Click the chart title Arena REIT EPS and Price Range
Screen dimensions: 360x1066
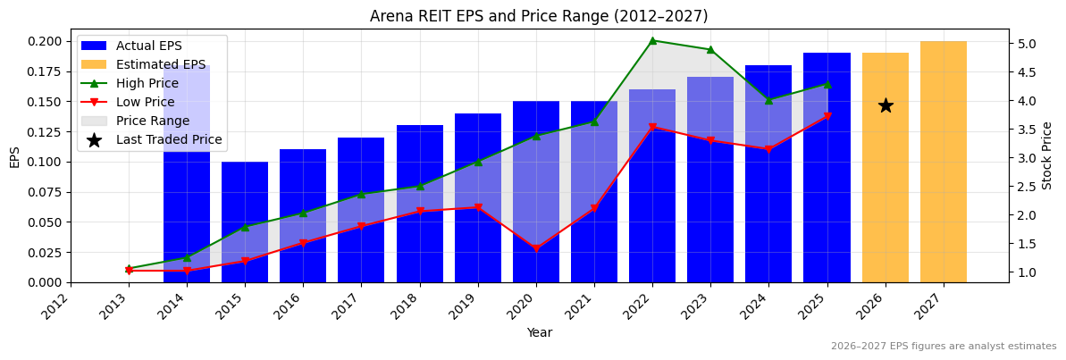(x=539, y=16)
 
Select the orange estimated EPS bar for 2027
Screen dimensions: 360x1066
(x=943, y=162)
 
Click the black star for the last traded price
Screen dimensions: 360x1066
(x=886, y=105)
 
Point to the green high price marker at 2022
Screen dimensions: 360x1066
(x=652, y=40)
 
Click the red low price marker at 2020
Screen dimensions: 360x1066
(x=536, y=249)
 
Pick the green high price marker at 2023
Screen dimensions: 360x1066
(x=710, y=50)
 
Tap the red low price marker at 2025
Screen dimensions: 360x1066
(x=827, y=116)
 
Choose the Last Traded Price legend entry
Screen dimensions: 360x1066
(x=169, y=139)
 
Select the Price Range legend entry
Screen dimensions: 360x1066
(x=153, y=121)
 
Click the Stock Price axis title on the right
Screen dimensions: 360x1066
(x=1047, y=155)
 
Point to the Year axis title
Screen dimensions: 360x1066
(x=539, y=332)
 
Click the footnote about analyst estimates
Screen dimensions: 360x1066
(x=944, y=347)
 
